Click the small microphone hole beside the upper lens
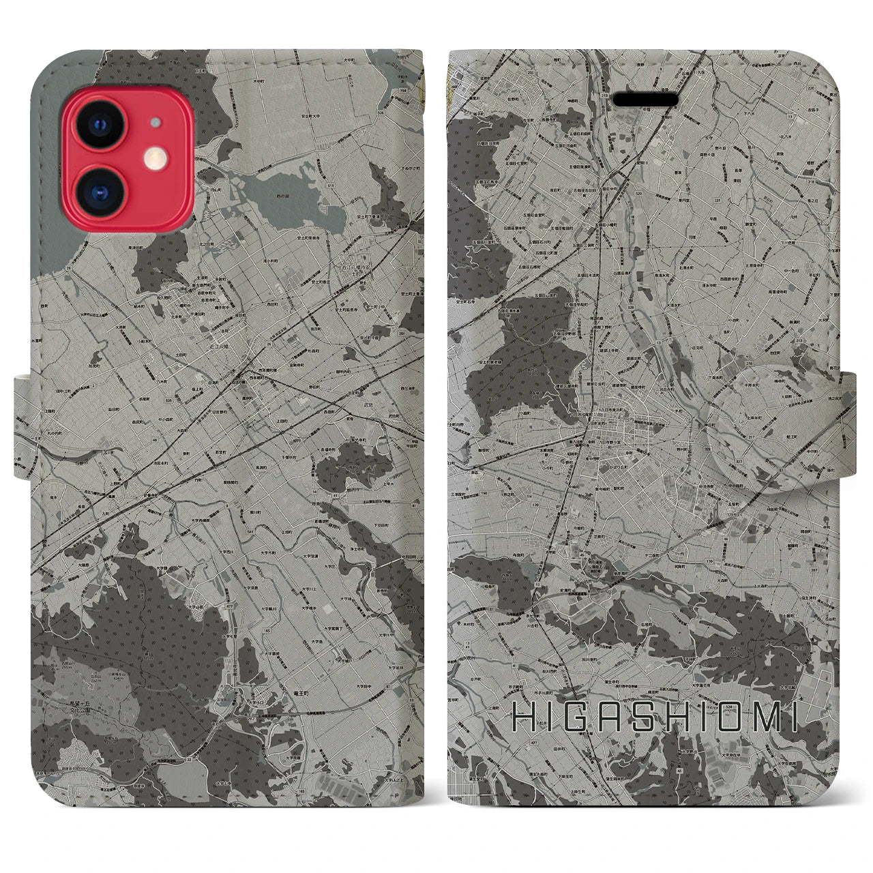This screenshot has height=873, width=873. [157, 123]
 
